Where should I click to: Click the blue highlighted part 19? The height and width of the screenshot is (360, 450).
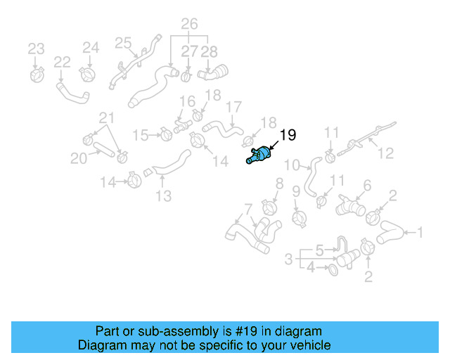(259, 155)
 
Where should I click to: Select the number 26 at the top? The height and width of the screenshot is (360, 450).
(189, 25)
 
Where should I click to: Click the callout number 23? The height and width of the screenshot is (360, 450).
(36, 49)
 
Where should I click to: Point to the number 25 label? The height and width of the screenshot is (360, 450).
(124, 44)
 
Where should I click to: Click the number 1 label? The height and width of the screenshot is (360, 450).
(420, 232)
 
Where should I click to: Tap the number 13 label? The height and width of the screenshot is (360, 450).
(163, 196)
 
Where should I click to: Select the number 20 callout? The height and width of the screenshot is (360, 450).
(79, 159)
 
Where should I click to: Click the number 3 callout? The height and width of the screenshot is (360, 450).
(288, 259)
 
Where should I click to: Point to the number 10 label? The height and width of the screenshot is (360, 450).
(292, 166)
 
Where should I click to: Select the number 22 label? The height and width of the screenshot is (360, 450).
(62, 63)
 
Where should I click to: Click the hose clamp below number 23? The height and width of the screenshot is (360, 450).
(39, 72)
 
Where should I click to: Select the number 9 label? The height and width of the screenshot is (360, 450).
(296, 191)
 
